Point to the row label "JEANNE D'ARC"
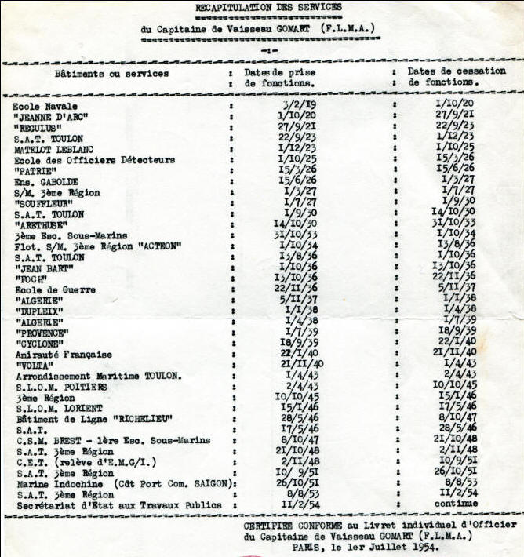click(x=50, y=117)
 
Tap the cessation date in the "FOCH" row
click(x=456, y=278)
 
